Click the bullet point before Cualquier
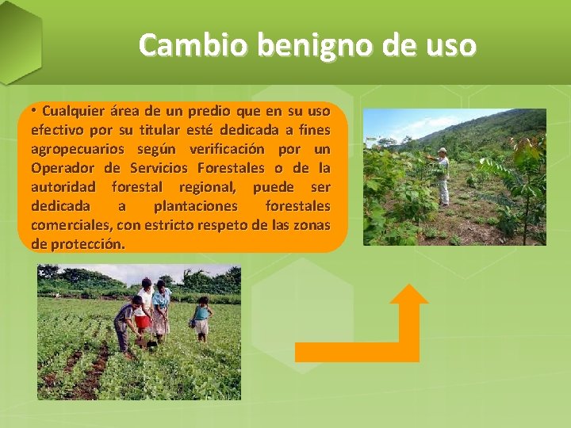(x=34, y=110)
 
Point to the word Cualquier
(x=73, y=110)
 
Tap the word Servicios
(x=159, y=168)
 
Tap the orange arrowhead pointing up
(x=409, y=292)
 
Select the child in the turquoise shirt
(x=201, y=318)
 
